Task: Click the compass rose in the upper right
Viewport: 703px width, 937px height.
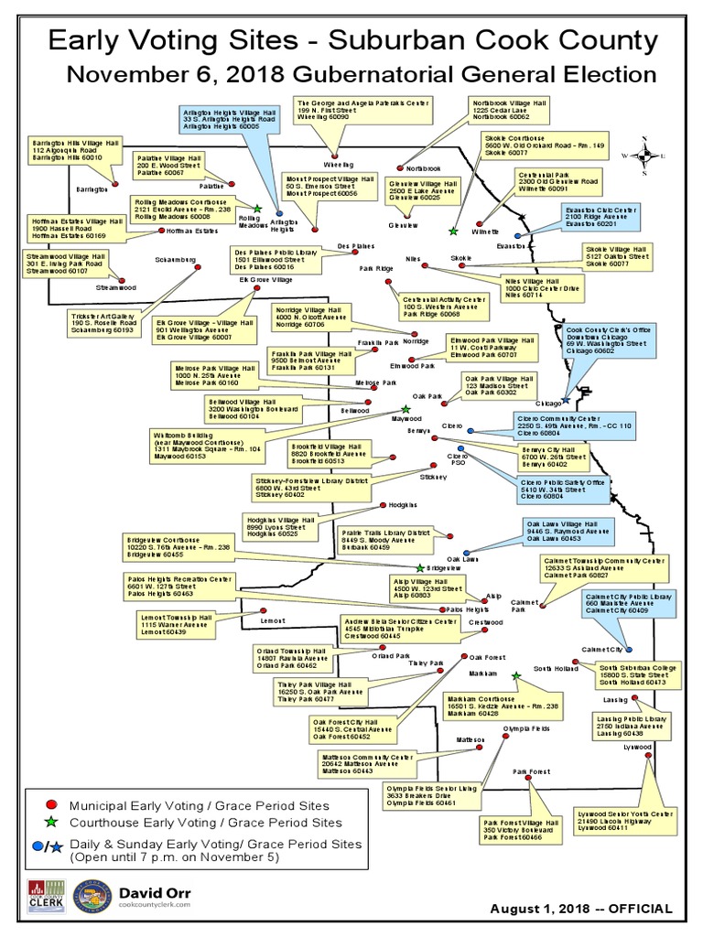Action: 644,156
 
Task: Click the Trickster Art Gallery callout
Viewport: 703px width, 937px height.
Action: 103,322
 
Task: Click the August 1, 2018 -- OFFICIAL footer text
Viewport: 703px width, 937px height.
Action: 581,909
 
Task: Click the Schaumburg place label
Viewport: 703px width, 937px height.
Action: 176,260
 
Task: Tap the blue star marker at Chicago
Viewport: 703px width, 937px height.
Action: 567,400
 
